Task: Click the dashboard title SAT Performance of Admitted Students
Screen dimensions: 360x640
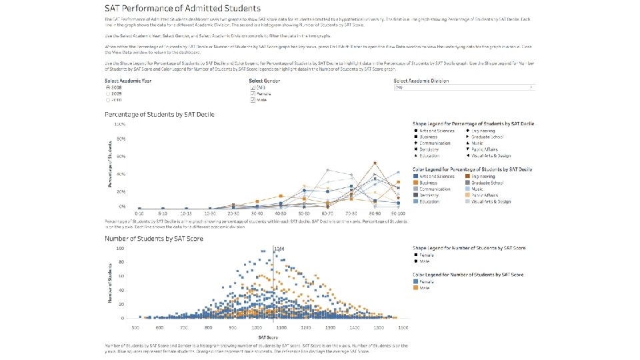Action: tap(183, 9)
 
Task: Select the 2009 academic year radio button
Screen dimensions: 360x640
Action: tap(109, 94)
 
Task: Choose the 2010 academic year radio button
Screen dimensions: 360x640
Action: tap(109, 100)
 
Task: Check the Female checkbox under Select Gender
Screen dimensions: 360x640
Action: tap(253, 94)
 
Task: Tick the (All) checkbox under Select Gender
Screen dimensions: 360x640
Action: tap(253, 87)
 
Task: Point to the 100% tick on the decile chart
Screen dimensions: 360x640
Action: tap(121, 125)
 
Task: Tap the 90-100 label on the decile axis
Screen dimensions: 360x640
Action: tap(398, 213)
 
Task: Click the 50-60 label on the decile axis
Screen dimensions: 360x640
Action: tap(303, 213)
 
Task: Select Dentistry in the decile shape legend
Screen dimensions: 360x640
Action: tap(432, 149)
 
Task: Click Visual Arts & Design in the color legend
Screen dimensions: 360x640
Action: tap(491, 201)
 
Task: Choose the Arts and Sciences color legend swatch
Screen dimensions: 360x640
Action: tap(415, 176)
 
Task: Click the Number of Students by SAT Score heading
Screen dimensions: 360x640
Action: tap(154, 238)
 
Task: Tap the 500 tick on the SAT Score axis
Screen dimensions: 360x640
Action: tap(135, 327)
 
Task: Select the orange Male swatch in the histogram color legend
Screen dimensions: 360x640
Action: tap(415, 287)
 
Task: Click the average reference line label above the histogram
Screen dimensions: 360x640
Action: tap(279, 248)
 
